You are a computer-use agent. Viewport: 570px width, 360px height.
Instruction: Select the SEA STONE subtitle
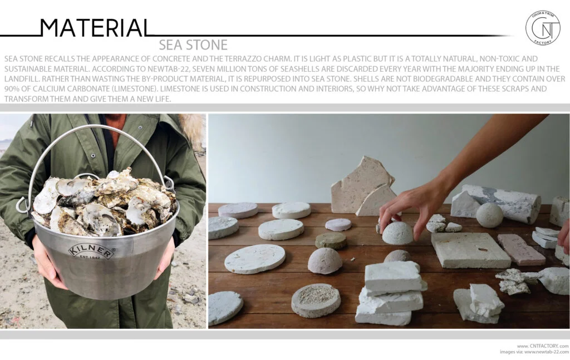tap(193, 45)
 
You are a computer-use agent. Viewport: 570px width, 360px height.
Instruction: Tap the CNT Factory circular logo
tap(543, 28)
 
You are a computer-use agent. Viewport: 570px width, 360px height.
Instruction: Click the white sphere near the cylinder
tap(489, 215)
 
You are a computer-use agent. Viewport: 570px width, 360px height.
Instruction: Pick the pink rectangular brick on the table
tap(520, 249)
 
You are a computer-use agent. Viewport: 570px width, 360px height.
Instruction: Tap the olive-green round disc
tap(331, 240)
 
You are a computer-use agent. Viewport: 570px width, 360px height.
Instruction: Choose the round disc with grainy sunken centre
tap(316, 300)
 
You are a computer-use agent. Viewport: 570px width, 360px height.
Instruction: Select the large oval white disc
tap(255, 258)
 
